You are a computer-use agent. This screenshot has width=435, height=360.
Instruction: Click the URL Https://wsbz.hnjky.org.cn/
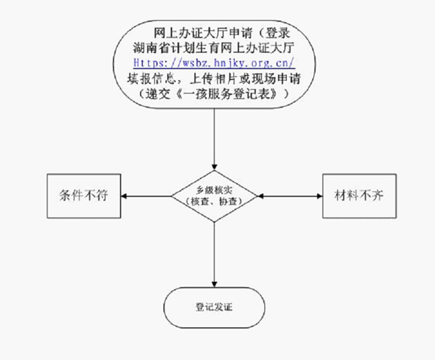[x=213, y=60]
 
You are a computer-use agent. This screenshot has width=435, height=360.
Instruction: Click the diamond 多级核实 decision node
[x=215, y=195]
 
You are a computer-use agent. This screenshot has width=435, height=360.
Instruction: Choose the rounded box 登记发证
[x=215, y=306]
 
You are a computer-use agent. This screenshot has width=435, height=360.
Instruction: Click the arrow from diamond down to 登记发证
[x=215, y=250]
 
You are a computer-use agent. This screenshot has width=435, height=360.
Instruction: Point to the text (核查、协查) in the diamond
[x=215, y=202]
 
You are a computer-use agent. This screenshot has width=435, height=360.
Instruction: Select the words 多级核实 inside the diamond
[x=215, y=190]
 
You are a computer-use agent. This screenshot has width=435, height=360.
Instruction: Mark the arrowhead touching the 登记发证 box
[x=215, y=283]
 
